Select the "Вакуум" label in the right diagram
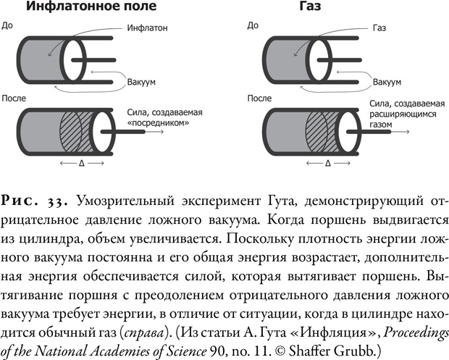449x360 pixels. coord(389,83)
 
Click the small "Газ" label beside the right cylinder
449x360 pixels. coord(379,30)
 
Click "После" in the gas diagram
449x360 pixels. coord(259,96)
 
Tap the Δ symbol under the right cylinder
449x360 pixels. coord(327,164)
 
